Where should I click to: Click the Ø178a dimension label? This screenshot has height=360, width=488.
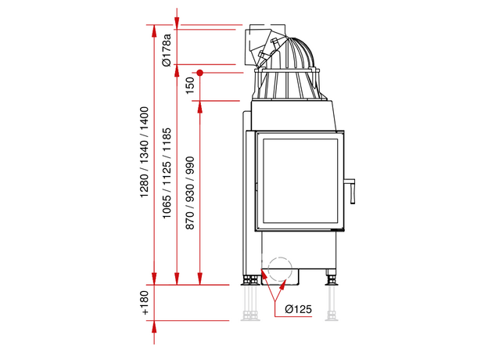[167, 50]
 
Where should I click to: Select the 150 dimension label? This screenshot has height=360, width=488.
[189, 85]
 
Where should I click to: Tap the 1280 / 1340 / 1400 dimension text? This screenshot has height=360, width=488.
[144, 152]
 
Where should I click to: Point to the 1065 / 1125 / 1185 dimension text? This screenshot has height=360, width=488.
[167, 173]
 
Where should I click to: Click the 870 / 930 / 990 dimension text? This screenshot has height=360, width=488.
[189, 193]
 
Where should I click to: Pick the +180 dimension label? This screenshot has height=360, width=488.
[145, 303]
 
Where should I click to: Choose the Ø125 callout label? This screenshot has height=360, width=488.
[298, 309]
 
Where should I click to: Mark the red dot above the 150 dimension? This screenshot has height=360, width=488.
[199, 73]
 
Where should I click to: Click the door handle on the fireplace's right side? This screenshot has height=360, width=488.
[350, 191]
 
